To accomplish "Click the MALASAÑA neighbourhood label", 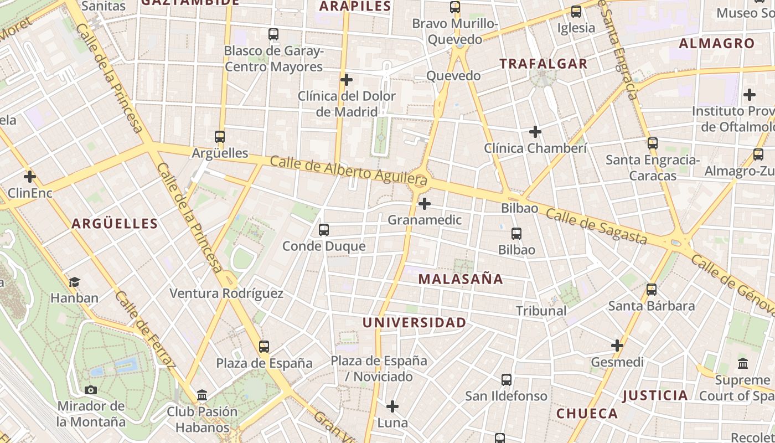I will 461,279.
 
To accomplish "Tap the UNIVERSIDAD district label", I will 414,322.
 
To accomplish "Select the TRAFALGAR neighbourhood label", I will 543,64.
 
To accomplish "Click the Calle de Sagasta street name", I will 596,226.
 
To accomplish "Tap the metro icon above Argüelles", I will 220,136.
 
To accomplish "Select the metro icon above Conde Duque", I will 324,229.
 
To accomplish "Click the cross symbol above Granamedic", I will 425,204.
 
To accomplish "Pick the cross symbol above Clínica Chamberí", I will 535,132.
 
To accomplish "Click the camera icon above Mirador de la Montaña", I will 91,390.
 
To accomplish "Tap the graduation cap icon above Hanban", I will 74,282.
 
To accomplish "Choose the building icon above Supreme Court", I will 743,364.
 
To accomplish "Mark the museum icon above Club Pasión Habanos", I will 202,395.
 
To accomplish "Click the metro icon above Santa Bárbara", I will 652,289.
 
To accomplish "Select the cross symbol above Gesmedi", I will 617,346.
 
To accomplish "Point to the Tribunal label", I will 541,311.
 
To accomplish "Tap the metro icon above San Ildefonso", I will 507,380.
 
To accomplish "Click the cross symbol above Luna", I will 392,406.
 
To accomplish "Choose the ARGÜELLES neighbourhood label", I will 115,224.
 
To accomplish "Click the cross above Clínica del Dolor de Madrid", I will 347,80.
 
